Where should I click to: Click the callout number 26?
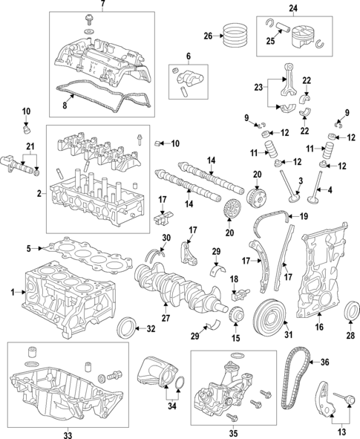[208, 35]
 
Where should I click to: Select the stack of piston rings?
[235, 35]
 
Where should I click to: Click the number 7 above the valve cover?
[103, 5]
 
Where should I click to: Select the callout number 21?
[30, 144]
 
